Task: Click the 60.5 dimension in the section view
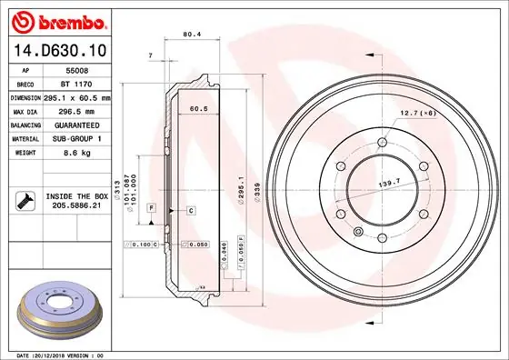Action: pos(197,108)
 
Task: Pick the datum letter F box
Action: pos(150,208)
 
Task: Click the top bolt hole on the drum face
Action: pos(379,141)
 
